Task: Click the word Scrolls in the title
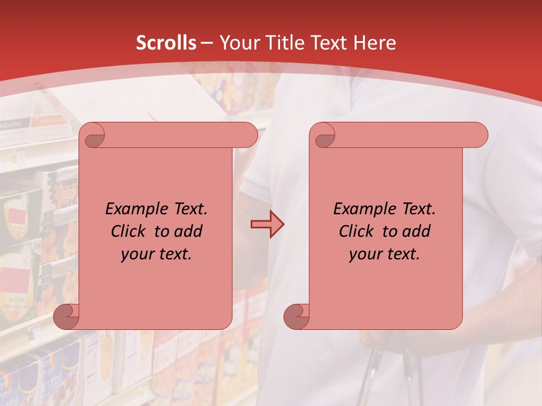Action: (166, 43)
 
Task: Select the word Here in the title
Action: (374, 43)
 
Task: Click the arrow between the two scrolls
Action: (268, 224)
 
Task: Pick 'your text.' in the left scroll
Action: (156, 254)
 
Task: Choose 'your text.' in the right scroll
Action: (384, 254)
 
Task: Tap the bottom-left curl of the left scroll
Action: (67, 316)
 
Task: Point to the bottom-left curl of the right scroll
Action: (297, 316)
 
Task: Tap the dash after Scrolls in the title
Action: (207, 43)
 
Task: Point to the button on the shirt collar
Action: (362, 87)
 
